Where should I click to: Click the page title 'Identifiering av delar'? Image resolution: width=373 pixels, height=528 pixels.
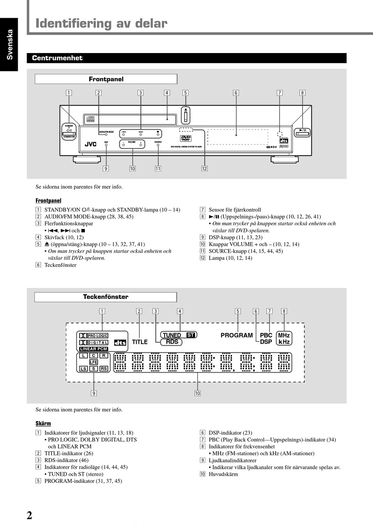click(x=101, y=24)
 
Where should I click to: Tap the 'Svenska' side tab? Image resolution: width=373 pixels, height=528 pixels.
click(x=9, y=44)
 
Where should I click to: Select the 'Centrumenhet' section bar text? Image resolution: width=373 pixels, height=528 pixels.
click(x=57, y=58)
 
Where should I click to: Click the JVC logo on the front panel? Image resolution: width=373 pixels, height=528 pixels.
click(x=90, y=145)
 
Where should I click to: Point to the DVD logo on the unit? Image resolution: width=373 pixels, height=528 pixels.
click(x=186, y=138)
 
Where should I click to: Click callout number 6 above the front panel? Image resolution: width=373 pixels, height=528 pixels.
click(x=236, y=93)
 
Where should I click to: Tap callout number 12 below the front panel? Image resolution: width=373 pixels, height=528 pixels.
click(x=205, y=169)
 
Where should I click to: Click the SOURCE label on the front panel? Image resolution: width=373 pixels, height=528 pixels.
click(x=158, y=142)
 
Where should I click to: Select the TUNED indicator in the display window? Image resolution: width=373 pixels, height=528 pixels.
click(x=172, y=335)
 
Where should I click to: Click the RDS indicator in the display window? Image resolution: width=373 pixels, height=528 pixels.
click(x=172, y=342)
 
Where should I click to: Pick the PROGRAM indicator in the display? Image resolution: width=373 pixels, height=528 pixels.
click(x=236, y=335)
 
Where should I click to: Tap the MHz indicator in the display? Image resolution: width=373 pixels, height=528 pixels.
click(x=284, y=335)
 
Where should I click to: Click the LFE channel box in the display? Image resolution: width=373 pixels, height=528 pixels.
click(x=93, y=362)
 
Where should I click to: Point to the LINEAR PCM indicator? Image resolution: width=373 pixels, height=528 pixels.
click(x=93, y=349)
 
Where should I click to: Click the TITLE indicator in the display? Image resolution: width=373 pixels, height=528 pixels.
click(x=140, y=342)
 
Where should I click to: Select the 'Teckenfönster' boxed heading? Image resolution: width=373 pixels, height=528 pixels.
click(x=106, y=297)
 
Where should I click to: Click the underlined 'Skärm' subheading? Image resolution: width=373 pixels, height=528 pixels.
click(x=43, y=423)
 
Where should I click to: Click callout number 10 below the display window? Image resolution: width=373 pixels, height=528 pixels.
click(x=197, y=393)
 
